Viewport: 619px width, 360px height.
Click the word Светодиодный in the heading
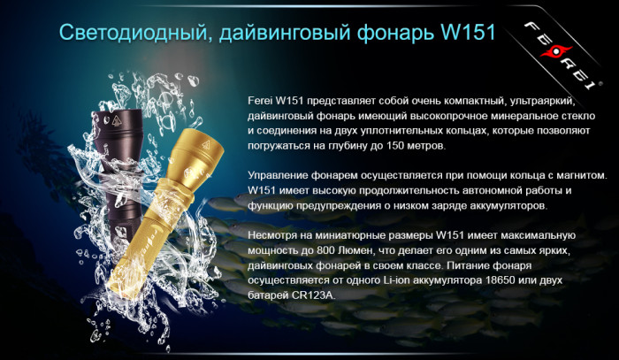pos(127,34)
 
